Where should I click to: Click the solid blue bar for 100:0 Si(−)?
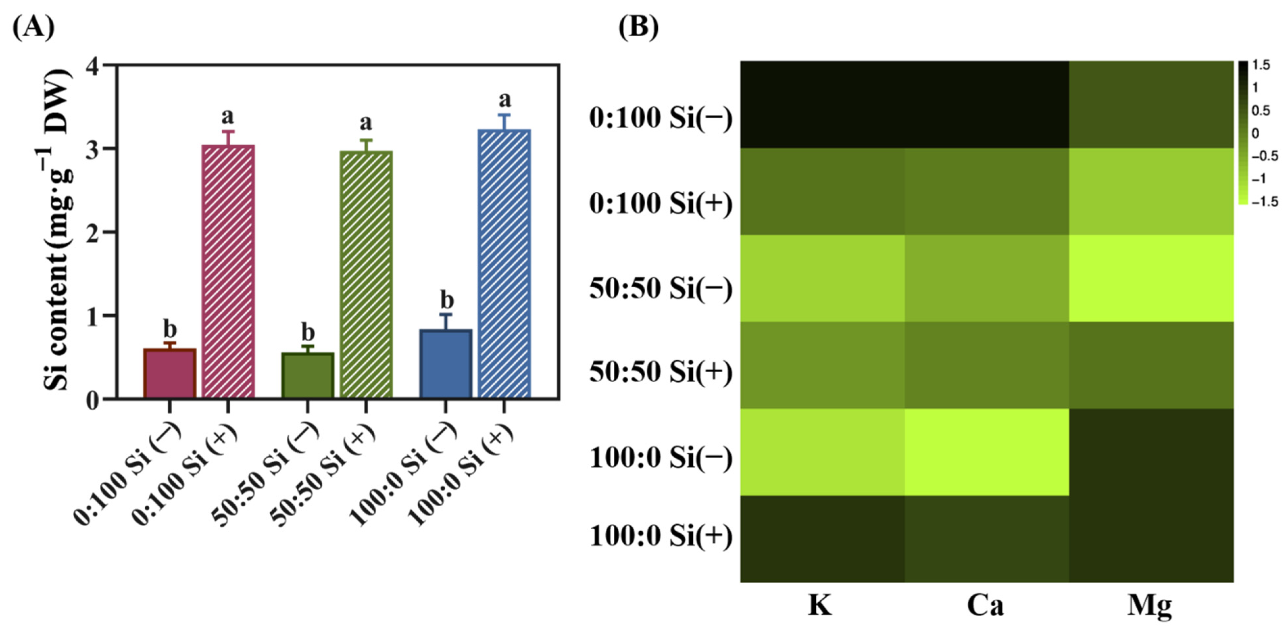coord(445,364)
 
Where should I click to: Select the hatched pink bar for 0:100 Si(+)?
coord(228,272)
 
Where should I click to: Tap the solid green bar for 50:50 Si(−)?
coord(308,375)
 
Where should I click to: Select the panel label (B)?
coord(638,28)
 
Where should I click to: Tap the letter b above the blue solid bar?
coord(447,300)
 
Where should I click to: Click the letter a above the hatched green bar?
coord(366,122)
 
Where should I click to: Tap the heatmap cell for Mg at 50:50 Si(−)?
coord(1151,278)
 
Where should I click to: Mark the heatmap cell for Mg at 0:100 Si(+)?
coord(1151,192)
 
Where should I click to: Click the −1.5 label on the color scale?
coord(1264,202)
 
